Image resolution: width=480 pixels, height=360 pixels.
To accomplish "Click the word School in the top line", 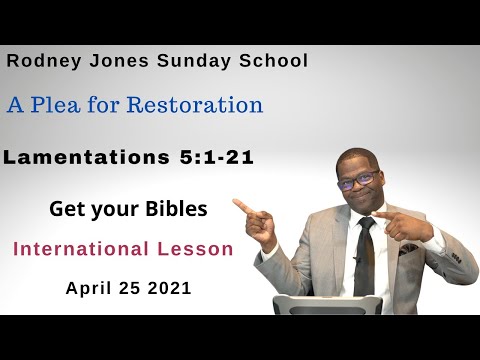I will (272, 61).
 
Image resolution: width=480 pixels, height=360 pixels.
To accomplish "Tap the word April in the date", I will (89, 288).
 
